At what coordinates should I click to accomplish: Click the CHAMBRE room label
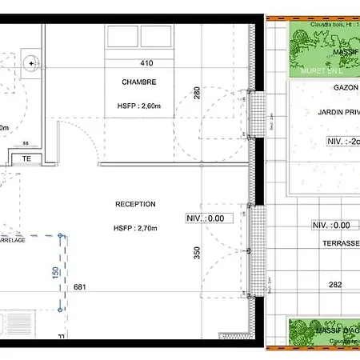click(138, 82)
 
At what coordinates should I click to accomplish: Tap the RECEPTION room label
click(134, 205)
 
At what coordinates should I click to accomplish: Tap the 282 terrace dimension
click(335, 284)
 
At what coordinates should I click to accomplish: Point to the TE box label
click(26, 158)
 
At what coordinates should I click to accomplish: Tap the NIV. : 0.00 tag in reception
click(206, 218)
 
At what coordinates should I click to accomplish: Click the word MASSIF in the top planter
click(346, 52)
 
